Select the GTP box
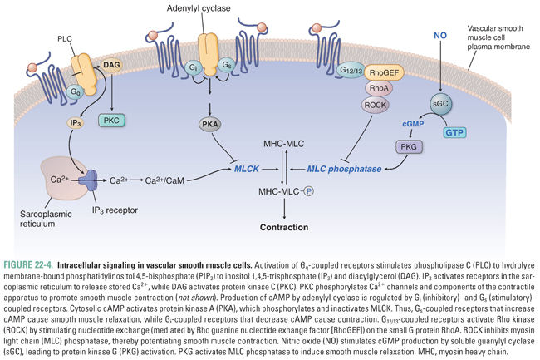pos(455,133)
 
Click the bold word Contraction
pos(285,226)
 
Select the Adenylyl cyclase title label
pos(213,7)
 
